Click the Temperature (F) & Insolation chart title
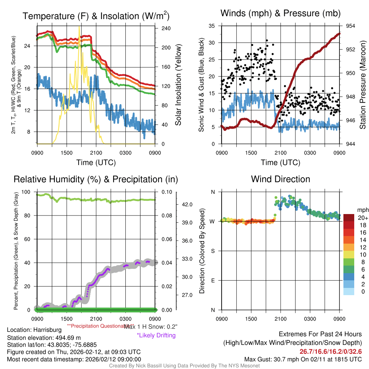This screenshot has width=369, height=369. click(96, 16)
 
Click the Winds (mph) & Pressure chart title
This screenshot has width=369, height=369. click(280, 13)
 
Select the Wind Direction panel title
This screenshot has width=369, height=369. click(280, 179)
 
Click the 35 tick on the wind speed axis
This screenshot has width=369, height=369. click(212, 26)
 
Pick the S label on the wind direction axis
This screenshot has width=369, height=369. click(213, 251)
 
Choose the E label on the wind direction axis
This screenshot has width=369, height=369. click(213, 280)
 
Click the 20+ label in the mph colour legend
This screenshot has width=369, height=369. click(363, 218)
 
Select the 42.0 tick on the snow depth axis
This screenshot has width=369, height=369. click(188, 204)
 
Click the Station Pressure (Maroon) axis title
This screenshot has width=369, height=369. click(363, 85)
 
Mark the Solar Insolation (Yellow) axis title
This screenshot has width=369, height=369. click(178, 85)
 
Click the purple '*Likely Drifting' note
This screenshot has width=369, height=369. click(156, 335)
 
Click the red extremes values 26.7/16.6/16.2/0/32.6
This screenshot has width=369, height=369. click(330, 351)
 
